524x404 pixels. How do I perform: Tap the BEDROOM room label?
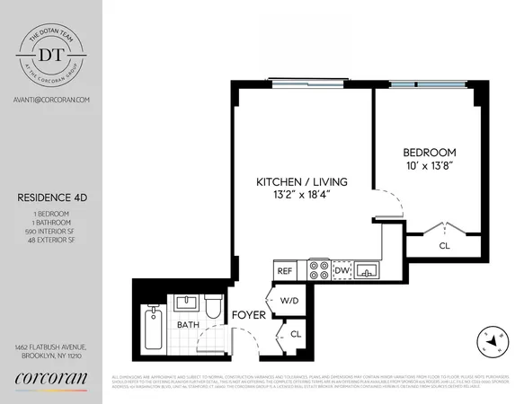(429, 153)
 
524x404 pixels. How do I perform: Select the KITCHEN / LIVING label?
(301, 182)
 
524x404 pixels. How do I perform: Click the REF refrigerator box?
(285, 269)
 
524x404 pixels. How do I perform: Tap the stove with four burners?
(319, 269)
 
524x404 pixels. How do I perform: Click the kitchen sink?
(367, 269)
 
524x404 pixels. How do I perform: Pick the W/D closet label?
(289, 302)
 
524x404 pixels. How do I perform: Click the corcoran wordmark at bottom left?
(50, 379)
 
